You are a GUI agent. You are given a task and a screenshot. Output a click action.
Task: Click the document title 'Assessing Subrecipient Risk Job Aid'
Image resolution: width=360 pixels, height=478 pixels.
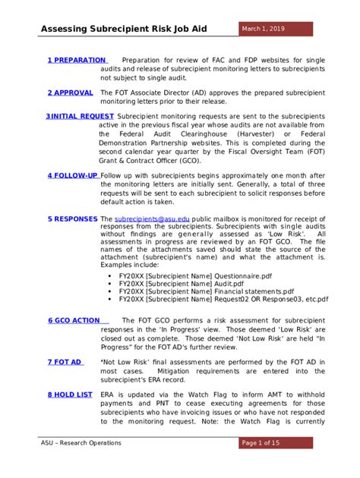[135, 30]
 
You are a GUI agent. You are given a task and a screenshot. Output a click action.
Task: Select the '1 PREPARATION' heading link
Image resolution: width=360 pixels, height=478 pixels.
[77, 60]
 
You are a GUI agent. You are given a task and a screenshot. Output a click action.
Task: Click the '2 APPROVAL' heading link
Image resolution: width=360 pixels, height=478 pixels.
[70, 92]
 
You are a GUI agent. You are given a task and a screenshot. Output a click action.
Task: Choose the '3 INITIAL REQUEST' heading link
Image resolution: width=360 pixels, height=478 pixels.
[80, 116]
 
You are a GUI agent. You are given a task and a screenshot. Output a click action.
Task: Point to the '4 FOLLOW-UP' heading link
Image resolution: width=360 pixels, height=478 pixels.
[72, 175]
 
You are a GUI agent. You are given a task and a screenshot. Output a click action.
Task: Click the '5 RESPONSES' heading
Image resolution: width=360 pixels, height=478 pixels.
[73, 219]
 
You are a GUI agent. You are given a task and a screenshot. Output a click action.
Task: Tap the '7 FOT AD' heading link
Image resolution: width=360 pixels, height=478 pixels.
[65, 362]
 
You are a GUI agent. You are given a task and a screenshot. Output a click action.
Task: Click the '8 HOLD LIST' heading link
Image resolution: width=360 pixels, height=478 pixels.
[70, 395]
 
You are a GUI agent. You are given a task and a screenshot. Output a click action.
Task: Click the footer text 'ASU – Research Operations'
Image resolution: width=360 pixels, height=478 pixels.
[81, 443]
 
